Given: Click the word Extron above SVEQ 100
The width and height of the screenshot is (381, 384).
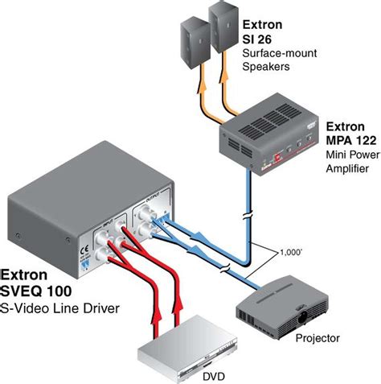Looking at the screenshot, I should coord(28,274).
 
